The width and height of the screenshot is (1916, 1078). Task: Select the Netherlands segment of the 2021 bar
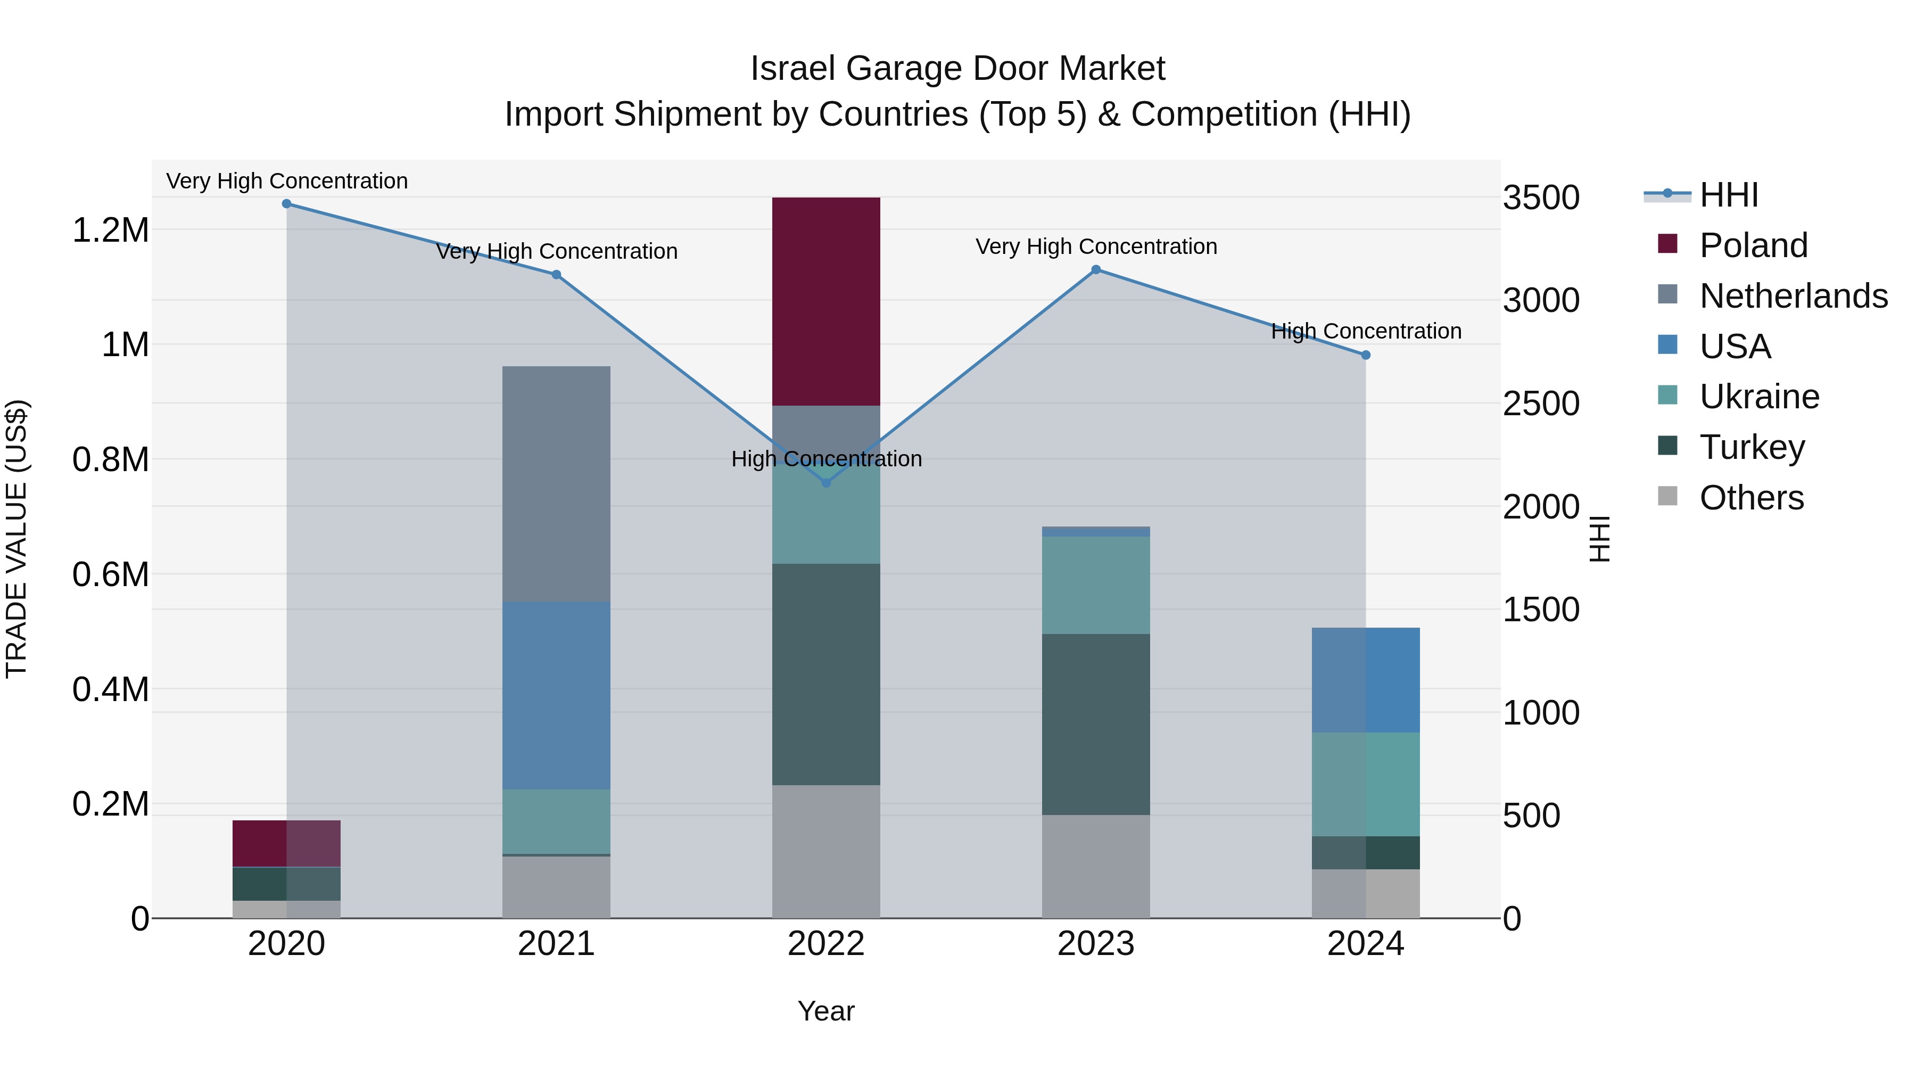click(x=556, y=483)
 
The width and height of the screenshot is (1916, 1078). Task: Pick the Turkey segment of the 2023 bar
click(x=1096, y=724)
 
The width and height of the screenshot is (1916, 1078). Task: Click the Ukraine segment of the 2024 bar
click(x=1366, y=784)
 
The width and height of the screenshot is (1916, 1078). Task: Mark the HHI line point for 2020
click(x=286, y=204)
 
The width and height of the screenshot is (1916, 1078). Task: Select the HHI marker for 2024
click(x=1366, y=355)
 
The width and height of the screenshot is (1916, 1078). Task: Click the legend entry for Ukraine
click(x=1759, y=397)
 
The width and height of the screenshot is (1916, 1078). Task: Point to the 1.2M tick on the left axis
click(x=110, y=231)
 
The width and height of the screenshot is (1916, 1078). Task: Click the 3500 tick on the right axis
click(x=1540, y=198)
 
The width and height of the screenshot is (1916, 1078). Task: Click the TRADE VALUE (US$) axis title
click(x=16, y=539)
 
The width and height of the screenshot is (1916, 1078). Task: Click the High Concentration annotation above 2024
click(x=1366, y=331)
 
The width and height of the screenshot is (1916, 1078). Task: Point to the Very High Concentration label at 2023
click(x=1096, y=246)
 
